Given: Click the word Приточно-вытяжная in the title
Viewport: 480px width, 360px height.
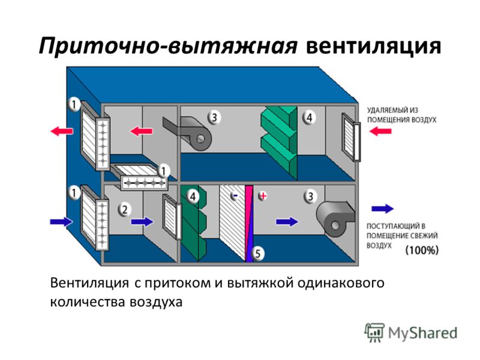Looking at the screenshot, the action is tap(168, 47).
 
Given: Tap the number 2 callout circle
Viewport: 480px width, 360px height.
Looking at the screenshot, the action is tap(125, 210).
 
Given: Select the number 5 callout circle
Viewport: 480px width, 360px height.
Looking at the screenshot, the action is tap(257, 253).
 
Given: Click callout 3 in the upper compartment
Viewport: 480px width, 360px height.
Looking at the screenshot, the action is tap(214, 117).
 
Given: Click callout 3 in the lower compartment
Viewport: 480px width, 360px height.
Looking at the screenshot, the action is tap(310, 196).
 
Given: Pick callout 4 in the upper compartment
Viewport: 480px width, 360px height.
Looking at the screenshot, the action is tap(309, 117).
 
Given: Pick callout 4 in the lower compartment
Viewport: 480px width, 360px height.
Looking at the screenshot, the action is tap(193, 196).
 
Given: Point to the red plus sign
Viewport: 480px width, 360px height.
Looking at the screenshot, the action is tap(263, 196).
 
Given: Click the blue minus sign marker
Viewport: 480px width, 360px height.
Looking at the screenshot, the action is tap(235, 196).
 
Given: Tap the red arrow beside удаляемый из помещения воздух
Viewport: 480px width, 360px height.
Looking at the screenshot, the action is tap(380, 131).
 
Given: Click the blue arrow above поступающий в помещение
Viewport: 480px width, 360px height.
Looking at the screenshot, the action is tap(383, 209).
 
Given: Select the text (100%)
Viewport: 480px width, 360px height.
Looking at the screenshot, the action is tap(422, 250).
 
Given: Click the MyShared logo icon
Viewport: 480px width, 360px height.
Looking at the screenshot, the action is tap(374, 333).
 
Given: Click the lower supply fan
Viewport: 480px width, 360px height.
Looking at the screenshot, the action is tap(335, 218).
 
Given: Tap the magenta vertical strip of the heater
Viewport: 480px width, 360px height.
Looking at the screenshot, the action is tap(249, 223).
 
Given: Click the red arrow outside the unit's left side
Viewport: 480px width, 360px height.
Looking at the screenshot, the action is tap(62, 131).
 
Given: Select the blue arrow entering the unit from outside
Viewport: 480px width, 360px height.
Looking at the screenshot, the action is tap(62, 221).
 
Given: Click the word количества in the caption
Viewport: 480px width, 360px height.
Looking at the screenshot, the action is tap(88, 302).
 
